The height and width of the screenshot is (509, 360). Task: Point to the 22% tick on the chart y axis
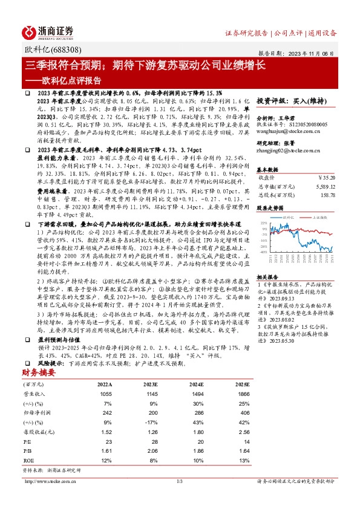264,223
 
